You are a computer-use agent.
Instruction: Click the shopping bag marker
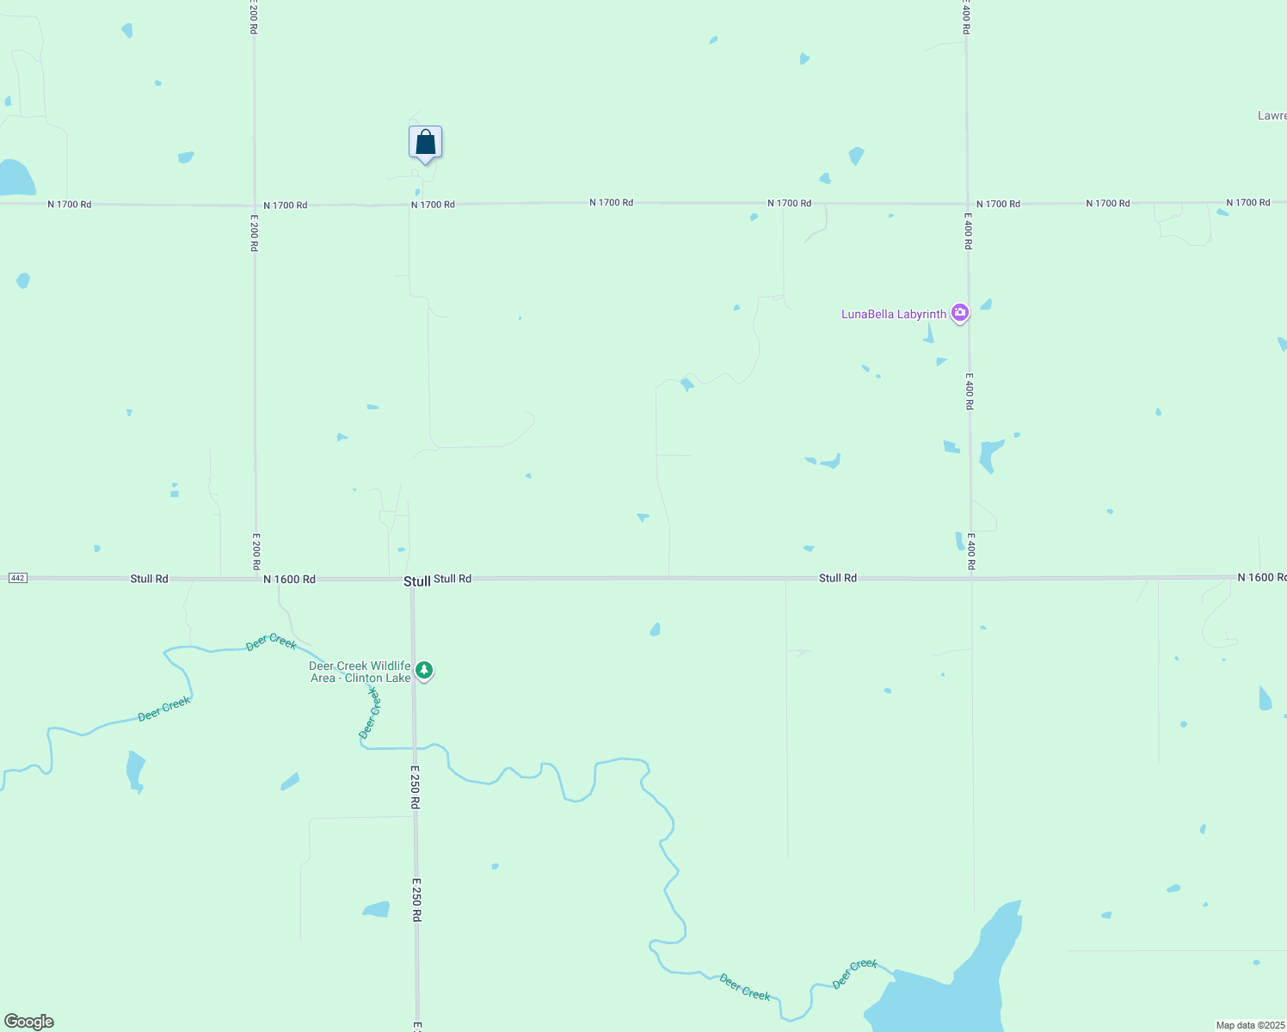coord(425,143)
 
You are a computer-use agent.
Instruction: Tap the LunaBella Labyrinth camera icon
coord(960,314)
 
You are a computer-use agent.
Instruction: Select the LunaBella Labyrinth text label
coord(893,315)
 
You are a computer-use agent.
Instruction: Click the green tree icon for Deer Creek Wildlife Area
coord(423,670)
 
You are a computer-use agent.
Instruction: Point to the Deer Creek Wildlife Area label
coord(360,672)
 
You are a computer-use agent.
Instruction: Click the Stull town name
coord(416,581)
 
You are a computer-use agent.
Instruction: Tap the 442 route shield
coord(17,578)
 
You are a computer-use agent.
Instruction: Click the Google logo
coord(29,1022)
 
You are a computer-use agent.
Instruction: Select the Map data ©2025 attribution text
coord(1250,1025)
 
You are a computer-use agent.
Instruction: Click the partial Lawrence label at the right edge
coord(1272,116)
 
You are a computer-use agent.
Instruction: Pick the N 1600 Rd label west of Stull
coord(289,580)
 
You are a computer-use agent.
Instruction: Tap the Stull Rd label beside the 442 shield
coord(149,579)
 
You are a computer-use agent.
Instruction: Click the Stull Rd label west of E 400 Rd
coord(837,578)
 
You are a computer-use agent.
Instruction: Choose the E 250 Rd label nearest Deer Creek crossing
coord(415,787)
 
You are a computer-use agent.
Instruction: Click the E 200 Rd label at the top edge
coord(254,17)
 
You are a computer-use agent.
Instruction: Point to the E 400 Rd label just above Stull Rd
coord(970,551)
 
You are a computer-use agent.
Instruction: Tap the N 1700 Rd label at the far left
coord(69,205)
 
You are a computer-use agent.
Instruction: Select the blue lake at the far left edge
coord(14,178)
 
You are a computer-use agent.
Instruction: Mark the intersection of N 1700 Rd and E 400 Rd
coord(967,204)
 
